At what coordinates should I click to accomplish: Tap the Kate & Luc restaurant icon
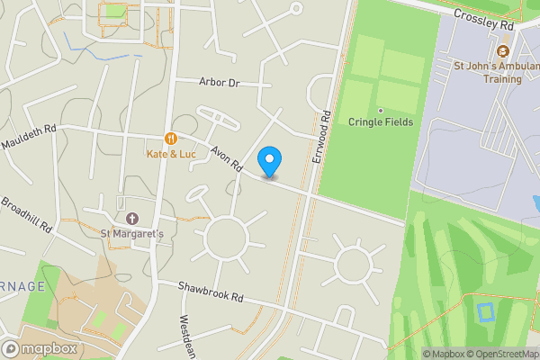click(x=170, y=139)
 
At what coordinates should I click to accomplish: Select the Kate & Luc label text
click(x=171, y=154)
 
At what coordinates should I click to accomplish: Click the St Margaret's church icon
click(x=132, y=219)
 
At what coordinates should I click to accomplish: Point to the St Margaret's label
click(x=132, y=234)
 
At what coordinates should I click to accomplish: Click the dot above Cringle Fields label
click(x=380, y=111)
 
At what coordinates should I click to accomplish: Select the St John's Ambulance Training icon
click(x=502, y=50)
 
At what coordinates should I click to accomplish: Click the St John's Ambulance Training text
click(x=488, y=72)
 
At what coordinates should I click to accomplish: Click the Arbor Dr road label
click(x=220, y=82)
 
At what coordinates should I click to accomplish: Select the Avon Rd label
click(x=227, y=158)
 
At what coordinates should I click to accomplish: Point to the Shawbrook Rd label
click(x=211, y=294)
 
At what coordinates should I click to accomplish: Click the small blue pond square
click(x=486, y=313)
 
